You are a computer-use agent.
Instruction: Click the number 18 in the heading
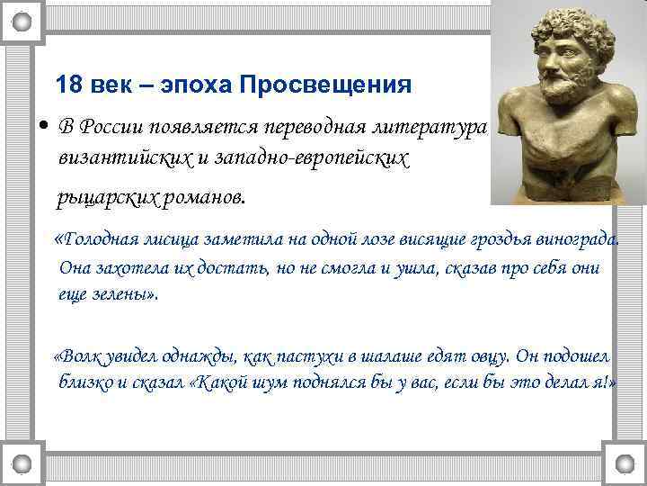(x=68, y=85)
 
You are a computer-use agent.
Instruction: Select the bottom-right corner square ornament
(x=624, y=465)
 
